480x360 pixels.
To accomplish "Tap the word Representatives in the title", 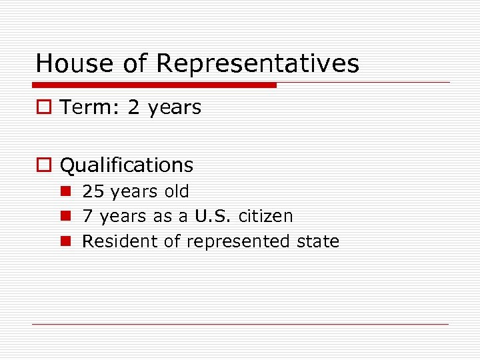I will click(257, 64).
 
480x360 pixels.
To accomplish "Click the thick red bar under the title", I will click(155, 85).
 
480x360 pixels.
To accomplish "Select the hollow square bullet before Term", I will click(44, 108).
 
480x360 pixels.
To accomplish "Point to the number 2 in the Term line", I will click(134, 107).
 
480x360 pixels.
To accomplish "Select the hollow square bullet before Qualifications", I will click(44, 165).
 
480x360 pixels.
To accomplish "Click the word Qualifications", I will click(127, 165).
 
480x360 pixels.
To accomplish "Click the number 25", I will click(93, 191).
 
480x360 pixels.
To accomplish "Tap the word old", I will click(177, 191).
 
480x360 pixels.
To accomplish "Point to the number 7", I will click(87, 216).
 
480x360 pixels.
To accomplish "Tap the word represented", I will click(238, 241).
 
